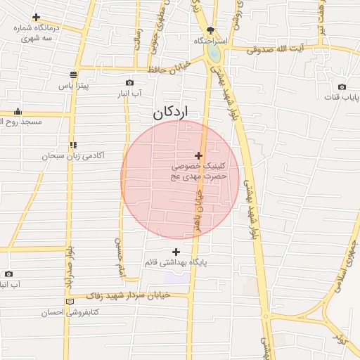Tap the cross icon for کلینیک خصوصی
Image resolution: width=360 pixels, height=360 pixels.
pos(199,155)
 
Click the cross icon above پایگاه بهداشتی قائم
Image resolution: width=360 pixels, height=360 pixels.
pos(176,252)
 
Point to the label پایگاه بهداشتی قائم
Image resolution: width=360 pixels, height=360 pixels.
pos(176,262)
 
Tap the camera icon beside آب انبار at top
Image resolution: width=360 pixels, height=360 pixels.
pos(129,82)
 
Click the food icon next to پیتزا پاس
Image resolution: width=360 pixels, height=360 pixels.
pos(73,75)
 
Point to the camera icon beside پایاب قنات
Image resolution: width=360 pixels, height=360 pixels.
pos(343,87)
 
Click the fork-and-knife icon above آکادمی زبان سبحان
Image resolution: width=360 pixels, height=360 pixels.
pos(73,145)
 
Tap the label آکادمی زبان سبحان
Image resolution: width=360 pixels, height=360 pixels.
pos(75,155)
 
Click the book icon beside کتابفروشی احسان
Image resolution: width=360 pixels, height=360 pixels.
pos(69,302)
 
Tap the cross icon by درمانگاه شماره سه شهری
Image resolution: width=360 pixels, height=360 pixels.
pos(36,17)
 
